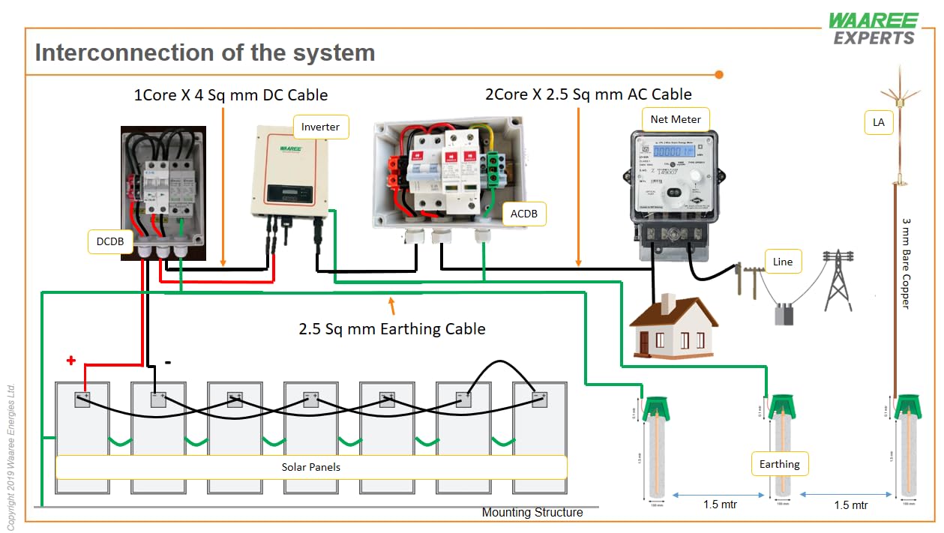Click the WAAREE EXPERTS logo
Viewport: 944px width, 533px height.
[x=873, y=28]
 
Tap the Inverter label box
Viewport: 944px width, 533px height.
[x=320, y=127]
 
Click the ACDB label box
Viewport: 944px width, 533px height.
[x=524, y=214]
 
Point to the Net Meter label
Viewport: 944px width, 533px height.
[x=676, y=119]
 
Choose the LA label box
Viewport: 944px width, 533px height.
[x=879, y=122]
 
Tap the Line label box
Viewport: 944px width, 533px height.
[x=782, y=262]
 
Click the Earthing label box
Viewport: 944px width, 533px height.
[x=779, y=464]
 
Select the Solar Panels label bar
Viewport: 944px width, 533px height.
[x=311, y=467]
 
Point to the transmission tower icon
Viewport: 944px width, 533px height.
[x=838, y=280]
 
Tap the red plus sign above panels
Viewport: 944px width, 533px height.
[x=71, y=361]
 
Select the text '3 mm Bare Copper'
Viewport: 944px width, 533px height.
[x=906, y=264]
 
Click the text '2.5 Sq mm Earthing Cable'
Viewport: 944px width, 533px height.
[x=392, y=329]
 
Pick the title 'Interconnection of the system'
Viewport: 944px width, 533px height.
[x=205, y=53]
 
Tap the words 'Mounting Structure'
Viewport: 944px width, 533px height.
[x=532, y=513]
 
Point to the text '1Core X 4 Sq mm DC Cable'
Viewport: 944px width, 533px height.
[x=230, y=95]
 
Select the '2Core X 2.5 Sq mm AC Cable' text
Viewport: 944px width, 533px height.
[x=589, y=94]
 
